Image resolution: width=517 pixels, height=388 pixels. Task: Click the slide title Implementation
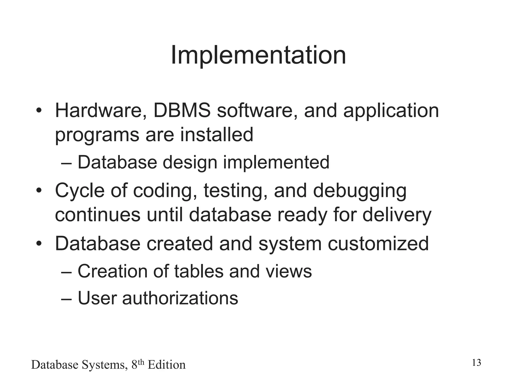(258, 55)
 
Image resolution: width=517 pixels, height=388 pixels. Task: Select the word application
(391, 111)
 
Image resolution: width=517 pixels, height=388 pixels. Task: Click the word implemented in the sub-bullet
(276, 162)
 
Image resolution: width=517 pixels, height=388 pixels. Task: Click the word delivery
(397, 215)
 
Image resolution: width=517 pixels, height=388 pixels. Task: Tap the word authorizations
(180, 298)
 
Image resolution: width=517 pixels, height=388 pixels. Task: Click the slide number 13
(476, 363)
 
